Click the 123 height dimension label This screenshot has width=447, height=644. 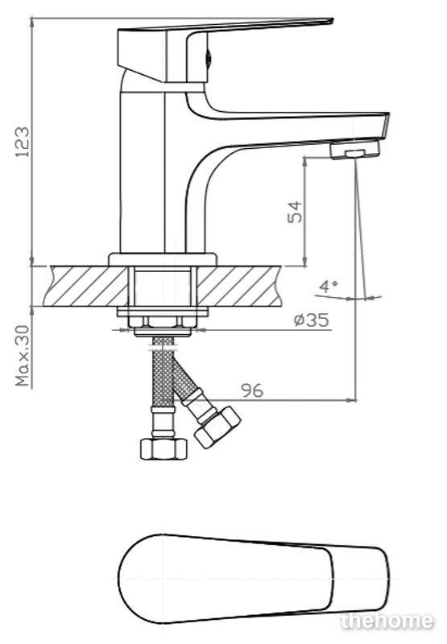pyautogui.click(x=23, y=142)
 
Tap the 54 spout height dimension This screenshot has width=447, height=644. pyautogui.click(x=294, y=212)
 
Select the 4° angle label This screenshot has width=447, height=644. pyautogui.click(x=329, y=286)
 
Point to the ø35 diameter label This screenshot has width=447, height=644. pyautogui.click(x=312, y=320)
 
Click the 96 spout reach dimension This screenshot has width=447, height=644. pyautogui.click(x=252, y=390)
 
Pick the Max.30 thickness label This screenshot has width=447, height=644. pyautogui.click(x=23, y=356)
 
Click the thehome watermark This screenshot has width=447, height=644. pyautogui.click(x=387, y=621)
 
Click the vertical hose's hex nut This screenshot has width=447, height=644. pyautogui.click(x=163, y=448)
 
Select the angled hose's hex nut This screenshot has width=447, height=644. pyautogui.click(x=217, y=427)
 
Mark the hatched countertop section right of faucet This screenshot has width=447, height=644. pyautogui.click(x=238, y=286)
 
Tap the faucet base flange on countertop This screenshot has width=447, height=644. pyautogui.click(x=162, y=259)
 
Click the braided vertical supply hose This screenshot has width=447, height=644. pyautogui.click(x=163, y=372)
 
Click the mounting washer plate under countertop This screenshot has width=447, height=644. pyautogui.click(x=162, y=312)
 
